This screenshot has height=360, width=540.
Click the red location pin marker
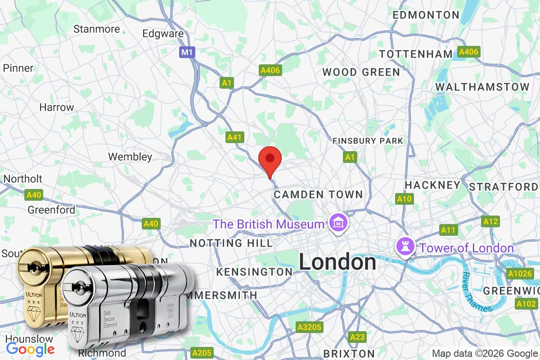point(270,159)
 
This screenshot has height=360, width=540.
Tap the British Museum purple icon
point(337,222)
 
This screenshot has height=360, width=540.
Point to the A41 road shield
point(234,137)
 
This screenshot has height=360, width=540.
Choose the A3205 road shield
point(309,327)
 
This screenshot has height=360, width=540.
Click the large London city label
point(337,262)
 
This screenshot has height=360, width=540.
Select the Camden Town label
point(318,194)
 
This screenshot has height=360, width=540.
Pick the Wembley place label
point(130,157)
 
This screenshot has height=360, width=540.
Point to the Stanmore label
point(97,29)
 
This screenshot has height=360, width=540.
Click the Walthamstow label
point(482,86)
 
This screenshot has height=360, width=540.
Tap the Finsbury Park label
point(368,141)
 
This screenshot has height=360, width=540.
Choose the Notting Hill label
point(231,243)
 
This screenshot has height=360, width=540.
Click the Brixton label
point(349,353)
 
